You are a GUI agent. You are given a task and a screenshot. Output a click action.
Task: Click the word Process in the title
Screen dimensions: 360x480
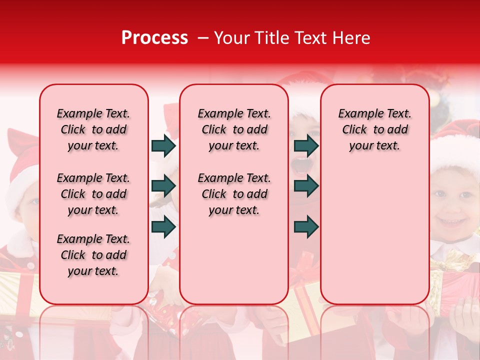pyautogui.click(x=154, y=38)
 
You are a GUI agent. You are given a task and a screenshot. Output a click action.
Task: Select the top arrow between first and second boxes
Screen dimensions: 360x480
pyautogui.click(x=163, y=145)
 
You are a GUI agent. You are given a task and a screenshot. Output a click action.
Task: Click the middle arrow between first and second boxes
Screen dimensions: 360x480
pyautogui.click(x=163, y=186)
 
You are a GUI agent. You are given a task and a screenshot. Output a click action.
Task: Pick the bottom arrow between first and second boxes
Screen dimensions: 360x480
pyautogui.click(x=163, y=226)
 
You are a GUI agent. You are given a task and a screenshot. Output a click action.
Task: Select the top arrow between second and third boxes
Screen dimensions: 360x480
pyautogui.click(x=306, y=145)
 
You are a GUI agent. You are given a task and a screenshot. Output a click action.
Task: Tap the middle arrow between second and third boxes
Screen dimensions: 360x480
pyautogui.click(x=306, y=186)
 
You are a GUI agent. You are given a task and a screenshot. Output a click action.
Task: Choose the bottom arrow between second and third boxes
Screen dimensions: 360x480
pyautogui.click(x=306, y=226)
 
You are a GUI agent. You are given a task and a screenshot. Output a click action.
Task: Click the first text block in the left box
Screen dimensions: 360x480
pyautogui.click(x=93, y=129)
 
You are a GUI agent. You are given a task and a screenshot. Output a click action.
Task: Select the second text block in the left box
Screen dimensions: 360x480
pyautogui.click(x=93, y=194)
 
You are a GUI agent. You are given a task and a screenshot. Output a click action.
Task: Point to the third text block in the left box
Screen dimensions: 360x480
pyautogui.click(x=93, y=255)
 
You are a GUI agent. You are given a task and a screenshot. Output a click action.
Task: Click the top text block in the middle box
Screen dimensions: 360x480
pyautogui.click(x=234, y=129)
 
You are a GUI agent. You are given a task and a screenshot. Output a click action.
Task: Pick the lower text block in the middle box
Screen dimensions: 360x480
pyautogui.click(x=234, y=194)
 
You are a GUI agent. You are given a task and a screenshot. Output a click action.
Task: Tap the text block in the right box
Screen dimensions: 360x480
pyautogui.click(x=374, y=129)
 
